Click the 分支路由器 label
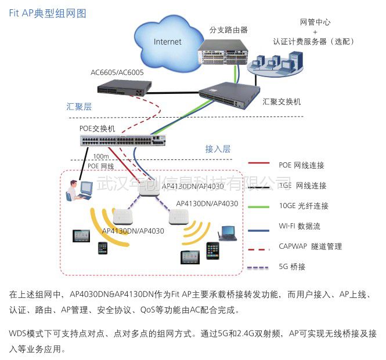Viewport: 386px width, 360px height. pos(228,29)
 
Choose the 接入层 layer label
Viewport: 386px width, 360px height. pos(218,149)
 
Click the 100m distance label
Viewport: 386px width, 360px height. pos(102,157)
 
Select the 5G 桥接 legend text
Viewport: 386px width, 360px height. pos(292,267)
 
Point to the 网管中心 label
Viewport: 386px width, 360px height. pos(315,22)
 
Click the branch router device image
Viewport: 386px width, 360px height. pos(223,51)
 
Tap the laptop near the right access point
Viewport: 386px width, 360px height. pos(226,232)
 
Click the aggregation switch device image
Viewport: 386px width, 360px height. pos(229,92)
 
